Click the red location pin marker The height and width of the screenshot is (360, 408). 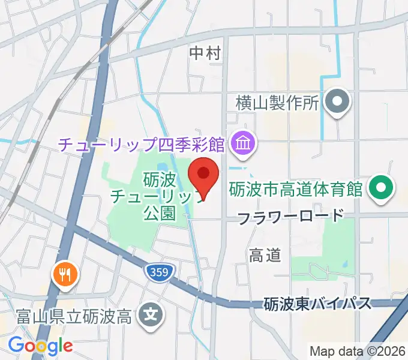click(203, 175)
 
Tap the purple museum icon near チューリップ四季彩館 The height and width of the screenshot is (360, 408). click(244, 144)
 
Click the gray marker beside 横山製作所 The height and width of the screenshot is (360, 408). click(337, 101)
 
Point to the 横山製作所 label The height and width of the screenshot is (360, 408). click(276, 103)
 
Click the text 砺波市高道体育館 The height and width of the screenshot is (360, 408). click(296, 190)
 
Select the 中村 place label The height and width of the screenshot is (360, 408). click(205, 53)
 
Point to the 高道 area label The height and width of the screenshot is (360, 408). click(265, 255)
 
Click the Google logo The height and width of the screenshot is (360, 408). click(40, 346)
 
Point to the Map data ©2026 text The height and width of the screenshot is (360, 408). click(357, 350)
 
